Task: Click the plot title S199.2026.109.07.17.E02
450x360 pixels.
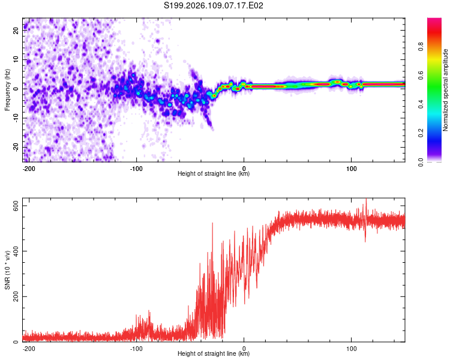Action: pos(214,6)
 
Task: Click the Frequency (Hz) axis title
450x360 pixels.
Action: pos(7,90)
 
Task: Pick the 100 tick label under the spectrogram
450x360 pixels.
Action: pos(352,168)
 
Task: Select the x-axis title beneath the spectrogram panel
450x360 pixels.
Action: pos(214,174)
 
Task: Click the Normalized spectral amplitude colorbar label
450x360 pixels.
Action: pos(446,90)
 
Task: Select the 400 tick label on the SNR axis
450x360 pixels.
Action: pos(16,251)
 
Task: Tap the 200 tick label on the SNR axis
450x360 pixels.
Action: pos(16,297)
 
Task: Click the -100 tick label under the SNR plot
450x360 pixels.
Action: pos(136,348)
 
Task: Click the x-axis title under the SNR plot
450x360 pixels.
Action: pos(214,354)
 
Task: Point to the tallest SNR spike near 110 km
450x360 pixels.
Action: pos(366,200)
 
